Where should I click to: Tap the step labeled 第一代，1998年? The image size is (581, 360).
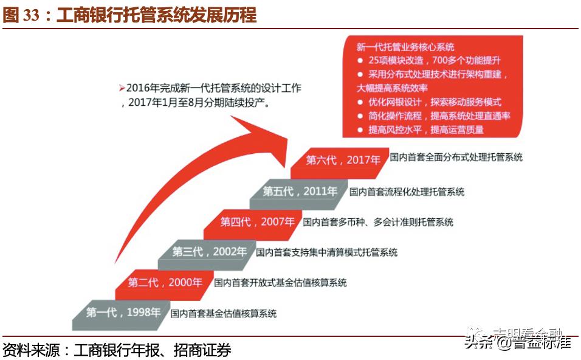coord(123,313)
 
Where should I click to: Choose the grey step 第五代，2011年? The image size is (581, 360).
coord(300,192)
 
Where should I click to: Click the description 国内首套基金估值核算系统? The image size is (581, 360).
coord(224,314)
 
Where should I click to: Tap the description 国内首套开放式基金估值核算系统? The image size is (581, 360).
coord(280,283)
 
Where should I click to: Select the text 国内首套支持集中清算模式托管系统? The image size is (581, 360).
coord(326,252)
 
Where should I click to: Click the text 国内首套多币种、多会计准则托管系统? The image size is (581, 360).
coord(378,223)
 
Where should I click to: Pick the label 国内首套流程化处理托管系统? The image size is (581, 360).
coord(407,192)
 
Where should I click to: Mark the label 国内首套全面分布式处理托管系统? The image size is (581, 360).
coord(456,157)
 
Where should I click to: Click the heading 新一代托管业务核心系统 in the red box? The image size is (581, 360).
coord(405,47)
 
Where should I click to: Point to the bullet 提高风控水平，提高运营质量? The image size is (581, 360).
coord(426,130)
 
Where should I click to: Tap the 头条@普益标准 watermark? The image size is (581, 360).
coord(518,342)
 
